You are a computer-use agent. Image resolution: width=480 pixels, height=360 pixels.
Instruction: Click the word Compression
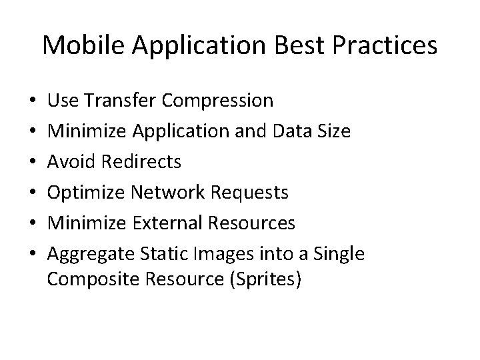tap(217, 101)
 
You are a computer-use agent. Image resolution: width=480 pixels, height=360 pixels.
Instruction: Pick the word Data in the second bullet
tap(288, 131)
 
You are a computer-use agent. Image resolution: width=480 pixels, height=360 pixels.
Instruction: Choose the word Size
tap(333, 131)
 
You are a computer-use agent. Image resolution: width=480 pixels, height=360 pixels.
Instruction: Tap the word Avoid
tap(71, 162)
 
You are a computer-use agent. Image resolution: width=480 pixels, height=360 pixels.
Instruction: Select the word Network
tap(168, 193)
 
